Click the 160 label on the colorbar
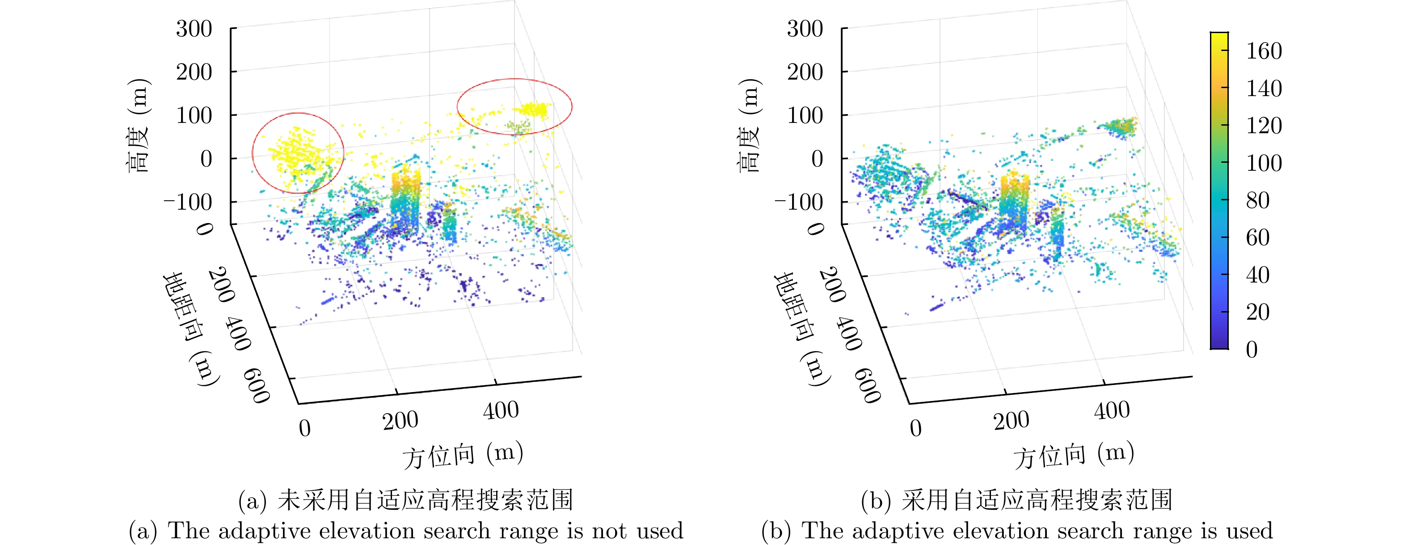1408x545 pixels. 1264,51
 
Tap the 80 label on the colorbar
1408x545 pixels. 1258,201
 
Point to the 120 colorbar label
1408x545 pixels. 1264,126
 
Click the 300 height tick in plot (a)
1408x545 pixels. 194,29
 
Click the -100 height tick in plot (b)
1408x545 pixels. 799,202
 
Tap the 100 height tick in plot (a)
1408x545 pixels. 194,116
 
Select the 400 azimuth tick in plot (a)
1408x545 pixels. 501,410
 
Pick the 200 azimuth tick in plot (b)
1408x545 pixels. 1011,421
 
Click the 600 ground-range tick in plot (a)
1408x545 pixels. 257,385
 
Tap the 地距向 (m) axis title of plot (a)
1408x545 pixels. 191,328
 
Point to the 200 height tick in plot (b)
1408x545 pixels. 805,72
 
